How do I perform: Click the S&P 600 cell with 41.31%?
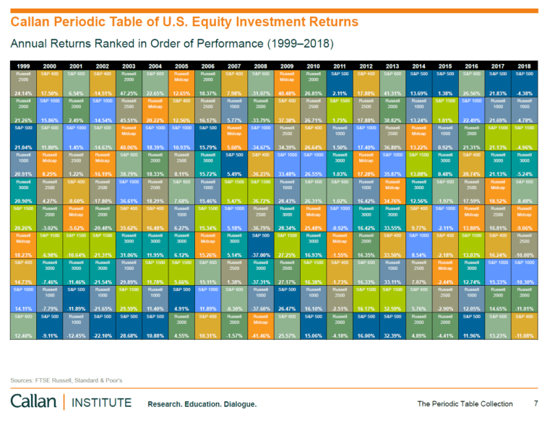(393, 84)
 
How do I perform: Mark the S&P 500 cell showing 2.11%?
(340, 84)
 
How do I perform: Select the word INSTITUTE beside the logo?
(98, 401)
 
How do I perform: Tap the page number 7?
(535, 403)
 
